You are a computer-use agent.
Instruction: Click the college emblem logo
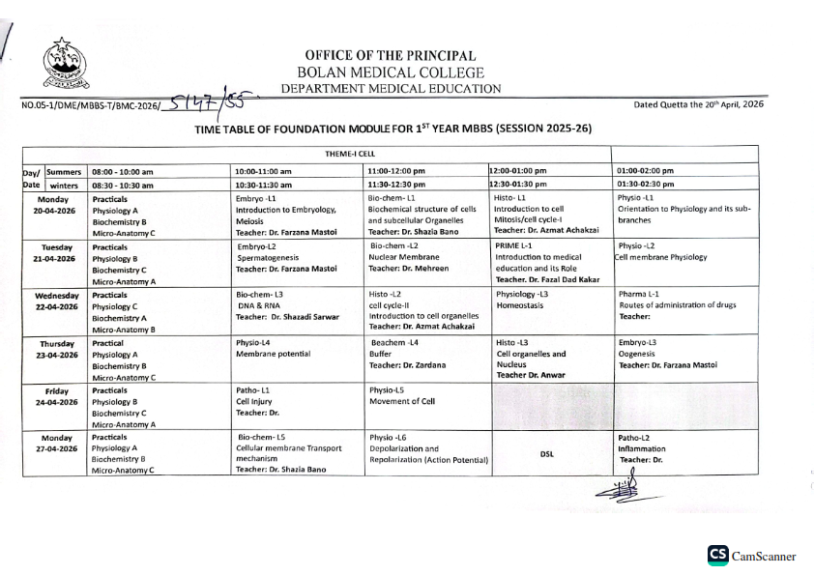coord(67,65)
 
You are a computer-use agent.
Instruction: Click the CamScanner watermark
coord(751,556)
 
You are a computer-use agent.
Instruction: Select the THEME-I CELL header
coord(350,154)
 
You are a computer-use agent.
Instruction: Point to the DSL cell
coord(546,453)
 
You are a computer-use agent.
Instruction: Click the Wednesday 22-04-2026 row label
coord(55,302)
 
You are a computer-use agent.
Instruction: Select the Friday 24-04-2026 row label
coord(55,396)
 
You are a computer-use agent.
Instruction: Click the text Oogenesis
coord(637,354)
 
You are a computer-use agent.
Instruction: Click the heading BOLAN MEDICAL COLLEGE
coord(391,72)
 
